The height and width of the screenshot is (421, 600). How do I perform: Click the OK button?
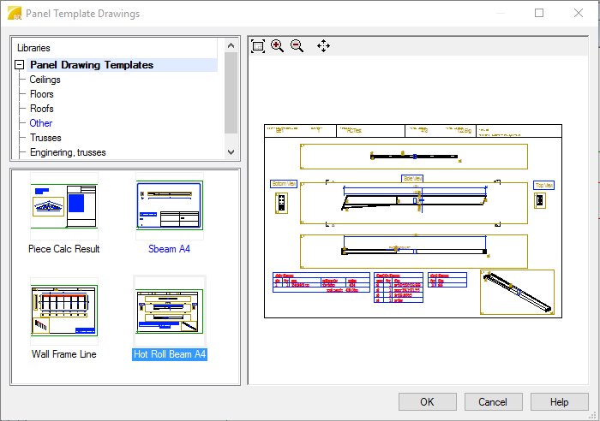click(427, 402)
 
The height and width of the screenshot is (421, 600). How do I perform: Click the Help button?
click(560, 402)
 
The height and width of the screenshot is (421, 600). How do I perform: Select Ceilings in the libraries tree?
click(45, 80)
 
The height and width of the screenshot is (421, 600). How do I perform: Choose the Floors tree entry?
click(41, 94)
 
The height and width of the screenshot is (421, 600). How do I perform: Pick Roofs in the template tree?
click(41, 109)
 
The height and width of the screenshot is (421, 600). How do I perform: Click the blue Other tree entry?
click(41, 123)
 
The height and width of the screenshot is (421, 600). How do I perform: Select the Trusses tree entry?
click(45, 138)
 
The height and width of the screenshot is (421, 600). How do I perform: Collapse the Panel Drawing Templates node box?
click(19, 65)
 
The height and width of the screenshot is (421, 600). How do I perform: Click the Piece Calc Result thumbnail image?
click(64, 206)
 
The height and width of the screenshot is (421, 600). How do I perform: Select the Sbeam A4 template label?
click(169, 249)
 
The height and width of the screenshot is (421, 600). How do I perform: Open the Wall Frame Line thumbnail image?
click(64, 311)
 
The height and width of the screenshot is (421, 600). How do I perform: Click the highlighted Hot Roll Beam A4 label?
click(170, 354)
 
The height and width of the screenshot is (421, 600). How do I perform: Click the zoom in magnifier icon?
click(277, 46)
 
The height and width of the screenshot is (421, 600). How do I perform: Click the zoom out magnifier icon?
click(297, 46)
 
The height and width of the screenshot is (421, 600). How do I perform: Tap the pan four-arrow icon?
click(323, 46)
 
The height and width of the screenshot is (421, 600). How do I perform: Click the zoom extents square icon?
click(257, 46)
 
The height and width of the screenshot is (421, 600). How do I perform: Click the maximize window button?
click(539, 13)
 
